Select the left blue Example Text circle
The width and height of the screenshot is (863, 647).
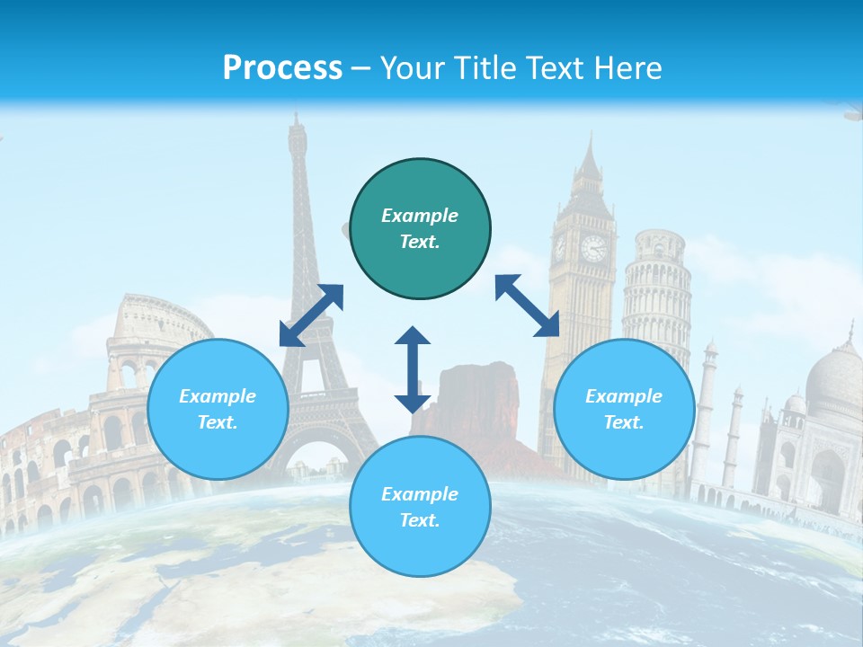point(218,410)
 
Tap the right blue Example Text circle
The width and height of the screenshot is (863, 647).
point(624,410)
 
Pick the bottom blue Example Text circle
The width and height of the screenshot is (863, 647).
point(420,507)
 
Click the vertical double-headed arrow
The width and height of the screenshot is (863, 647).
point(413,369)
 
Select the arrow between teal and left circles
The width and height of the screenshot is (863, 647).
point(311,315)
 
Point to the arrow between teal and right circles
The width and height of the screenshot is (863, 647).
point(528,306)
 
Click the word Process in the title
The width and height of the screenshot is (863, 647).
point(282,68)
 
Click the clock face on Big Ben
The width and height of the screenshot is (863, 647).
point(592,248)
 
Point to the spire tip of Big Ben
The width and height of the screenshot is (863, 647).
point(590,135)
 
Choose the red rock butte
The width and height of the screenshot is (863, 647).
point(476,395)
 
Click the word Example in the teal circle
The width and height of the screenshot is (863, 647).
point(420,216)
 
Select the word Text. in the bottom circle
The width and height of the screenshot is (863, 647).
point(420,520)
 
